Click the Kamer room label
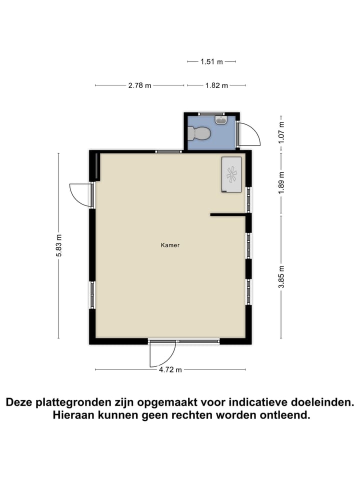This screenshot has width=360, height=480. [x=170, y=245]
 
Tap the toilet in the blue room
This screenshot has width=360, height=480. [x=198, y=133]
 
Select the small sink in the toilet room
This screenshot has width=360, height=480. [x=220, y=120]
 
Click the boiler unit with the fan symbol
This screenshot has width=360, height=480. [x=231, y=174]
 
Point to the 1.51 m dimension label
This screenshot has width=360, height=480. [x=211, y=61]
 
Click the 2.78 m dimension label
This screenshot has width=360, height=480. [x=139, y=85]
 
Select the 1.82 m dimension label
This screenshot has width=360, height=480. [x=216, y=85]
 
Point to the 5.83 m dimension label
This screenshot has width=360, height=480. [x=59, y=245]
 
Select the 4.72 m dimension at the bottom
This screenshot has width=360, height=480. [x=170, y=370]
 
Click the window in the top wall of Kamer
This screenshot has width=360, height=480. [x=168, y=151]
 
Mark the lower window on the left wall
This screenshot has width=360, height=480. [x=92, y=295]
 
